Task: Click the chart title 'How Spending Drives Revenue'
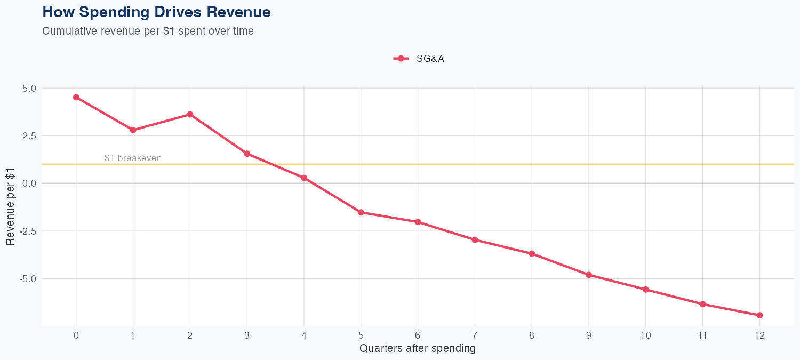click(x=156, y=12)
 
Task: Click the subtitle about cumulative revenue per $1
click(x=148, y=31)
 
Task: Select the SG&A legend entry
click(x=419, y=59)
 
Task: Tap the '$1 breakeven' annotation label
click(x=133, y=158)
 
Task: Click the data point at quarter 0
click(x=76, y=97)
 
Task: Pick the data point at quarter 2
click(x=190, y=115)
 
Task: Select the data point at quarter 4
click(x=304, y=178)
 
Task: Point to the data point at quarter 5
click(x=361, y=212)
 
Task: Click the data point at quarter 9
click(x=589, y=275)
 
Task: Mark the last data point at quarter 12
click(x=759, y=315)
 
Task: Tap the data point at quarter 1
click(x=133, y=130)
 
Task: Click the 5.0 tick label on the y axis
click(x=29, y=89)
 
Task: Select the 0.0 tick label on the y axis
click(x=29, y=183)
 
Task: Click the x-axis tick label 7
click(x=475, y=335)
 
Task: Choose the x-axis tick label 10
click(x=645, y=335)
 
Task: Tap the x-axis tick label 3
click(x=247, y=335)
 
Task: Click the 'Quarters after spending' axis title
click(x=418, y=349)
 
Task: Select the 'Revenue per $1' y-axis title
click(x=10, y=207)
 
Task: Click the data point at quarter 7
click(x=475, y=240)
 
